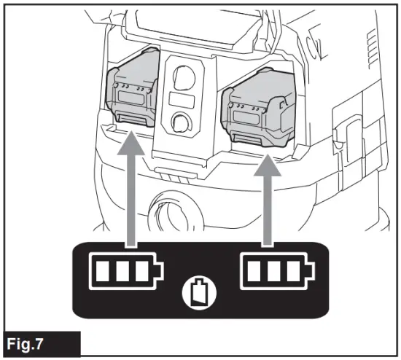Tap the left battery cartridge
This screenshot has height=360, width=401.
click(133, 91)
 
